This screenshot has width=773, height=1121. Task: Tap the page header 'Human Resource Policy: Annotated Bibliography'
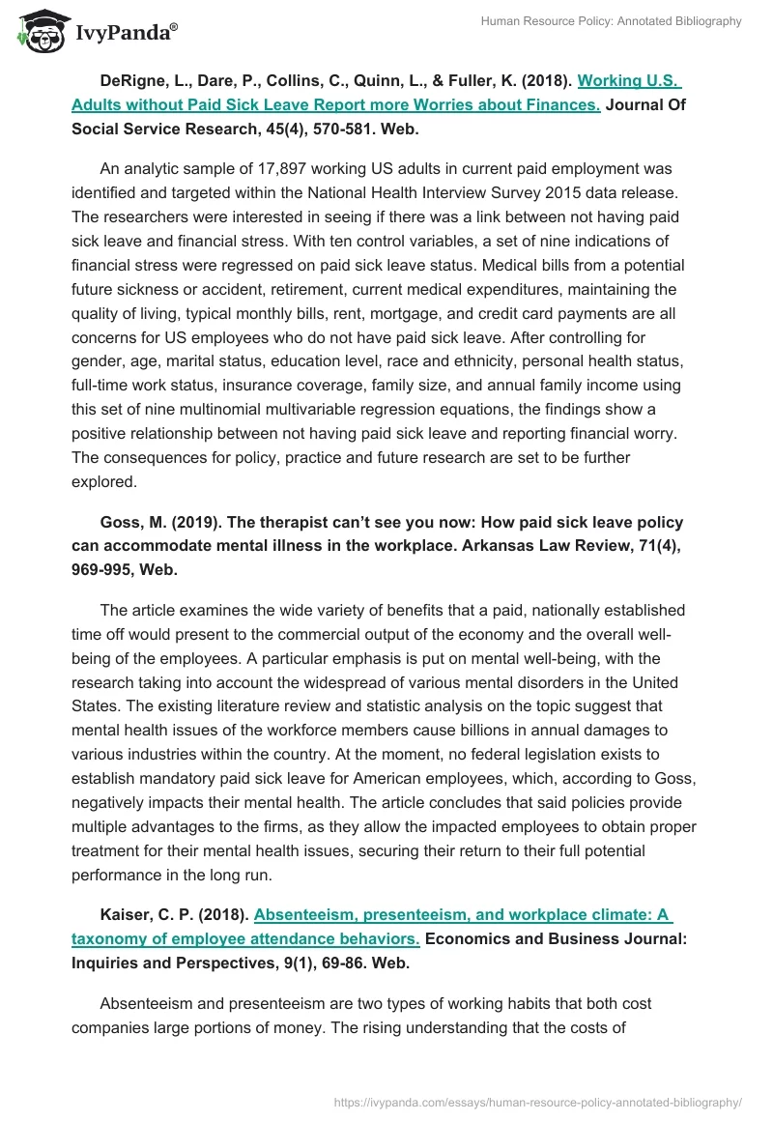pos(611,21)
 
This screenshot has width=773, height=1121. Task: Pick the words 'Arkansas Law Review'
pos(509,547)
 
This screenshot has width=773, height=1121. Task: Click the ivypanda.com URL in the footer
pos(537,1101)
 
